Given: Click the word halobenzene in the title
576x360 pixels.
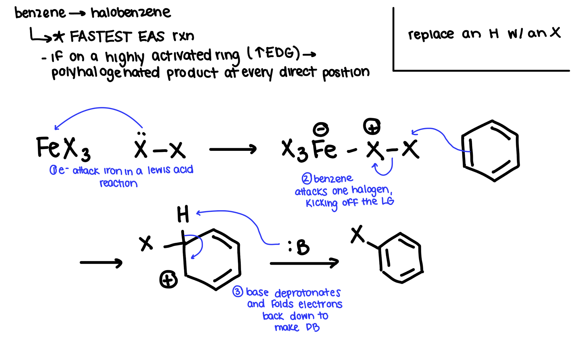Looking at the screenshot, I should [x=131, y=13].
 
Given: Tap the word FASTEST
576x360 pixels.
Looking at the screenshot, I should [x=101, y=37].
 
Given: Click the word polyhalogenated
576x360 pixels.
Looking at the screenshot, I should [x=105, y=73].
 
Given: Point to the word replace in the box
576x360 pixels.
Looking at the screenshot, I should [x=431, y=35].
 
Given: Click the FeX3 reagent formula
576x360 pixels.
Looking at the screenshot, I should [x=63, y=148].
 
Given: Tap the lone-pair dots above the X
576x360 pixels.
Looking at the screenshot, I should [x=141, y=134].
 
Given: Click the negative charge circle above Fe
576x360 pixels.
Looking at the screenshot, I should [x=321, y=129].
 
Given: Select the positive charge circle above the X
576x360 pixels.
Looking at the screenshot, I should [x=372, y=127].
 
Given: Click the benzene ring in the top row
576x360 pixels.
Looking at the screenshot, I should [x=490, y=151].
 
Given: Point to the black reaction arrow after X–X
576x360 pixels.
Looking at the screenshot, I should [x=233, y=149].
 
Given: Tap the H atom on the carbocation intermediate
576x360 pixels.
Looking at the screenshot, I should [x=183, y=214].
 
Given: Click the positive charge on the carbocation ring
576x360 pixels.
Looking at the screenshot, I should [x=168, y=279].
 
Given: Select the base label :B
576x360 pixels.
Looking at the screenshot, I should [x=299, y=247].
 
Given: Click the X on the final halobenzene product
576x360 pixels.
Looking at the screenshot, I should [x=358, y=234].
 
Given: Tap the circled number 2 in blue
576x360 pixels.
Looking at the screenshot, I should [x=307, y=179].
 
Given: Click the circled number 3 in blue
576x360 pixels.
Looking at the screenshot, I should [x=238, y=292].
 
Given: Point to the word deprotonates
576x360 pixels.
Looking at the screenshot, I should [x=307, y=293].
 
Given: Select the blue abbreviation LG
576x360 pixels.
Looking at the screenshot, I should [x=387, y=201].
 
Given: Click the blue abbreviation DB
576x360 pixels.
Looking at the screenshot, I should [x=313, y=327].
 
